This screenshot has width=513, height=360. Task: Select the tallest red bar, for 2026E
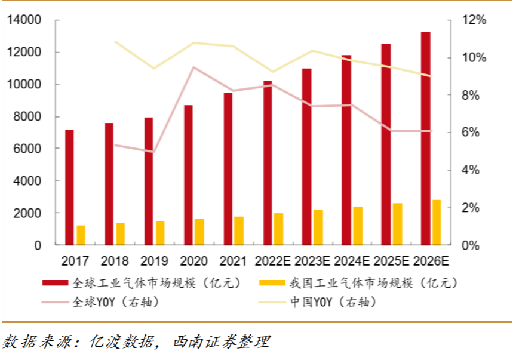click(425, 138)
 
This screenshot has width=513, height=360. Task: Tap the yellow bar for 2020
click(199, 232)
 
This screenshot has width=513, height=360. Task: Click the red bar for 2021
click(228, 169)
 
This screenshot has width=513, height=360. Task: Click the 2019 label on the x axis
click(154, 261)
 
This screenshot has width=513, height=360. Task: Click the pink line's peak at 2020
click(193, 67)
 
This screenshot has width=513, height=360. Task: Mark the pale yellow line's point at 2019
click(154, 68)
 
